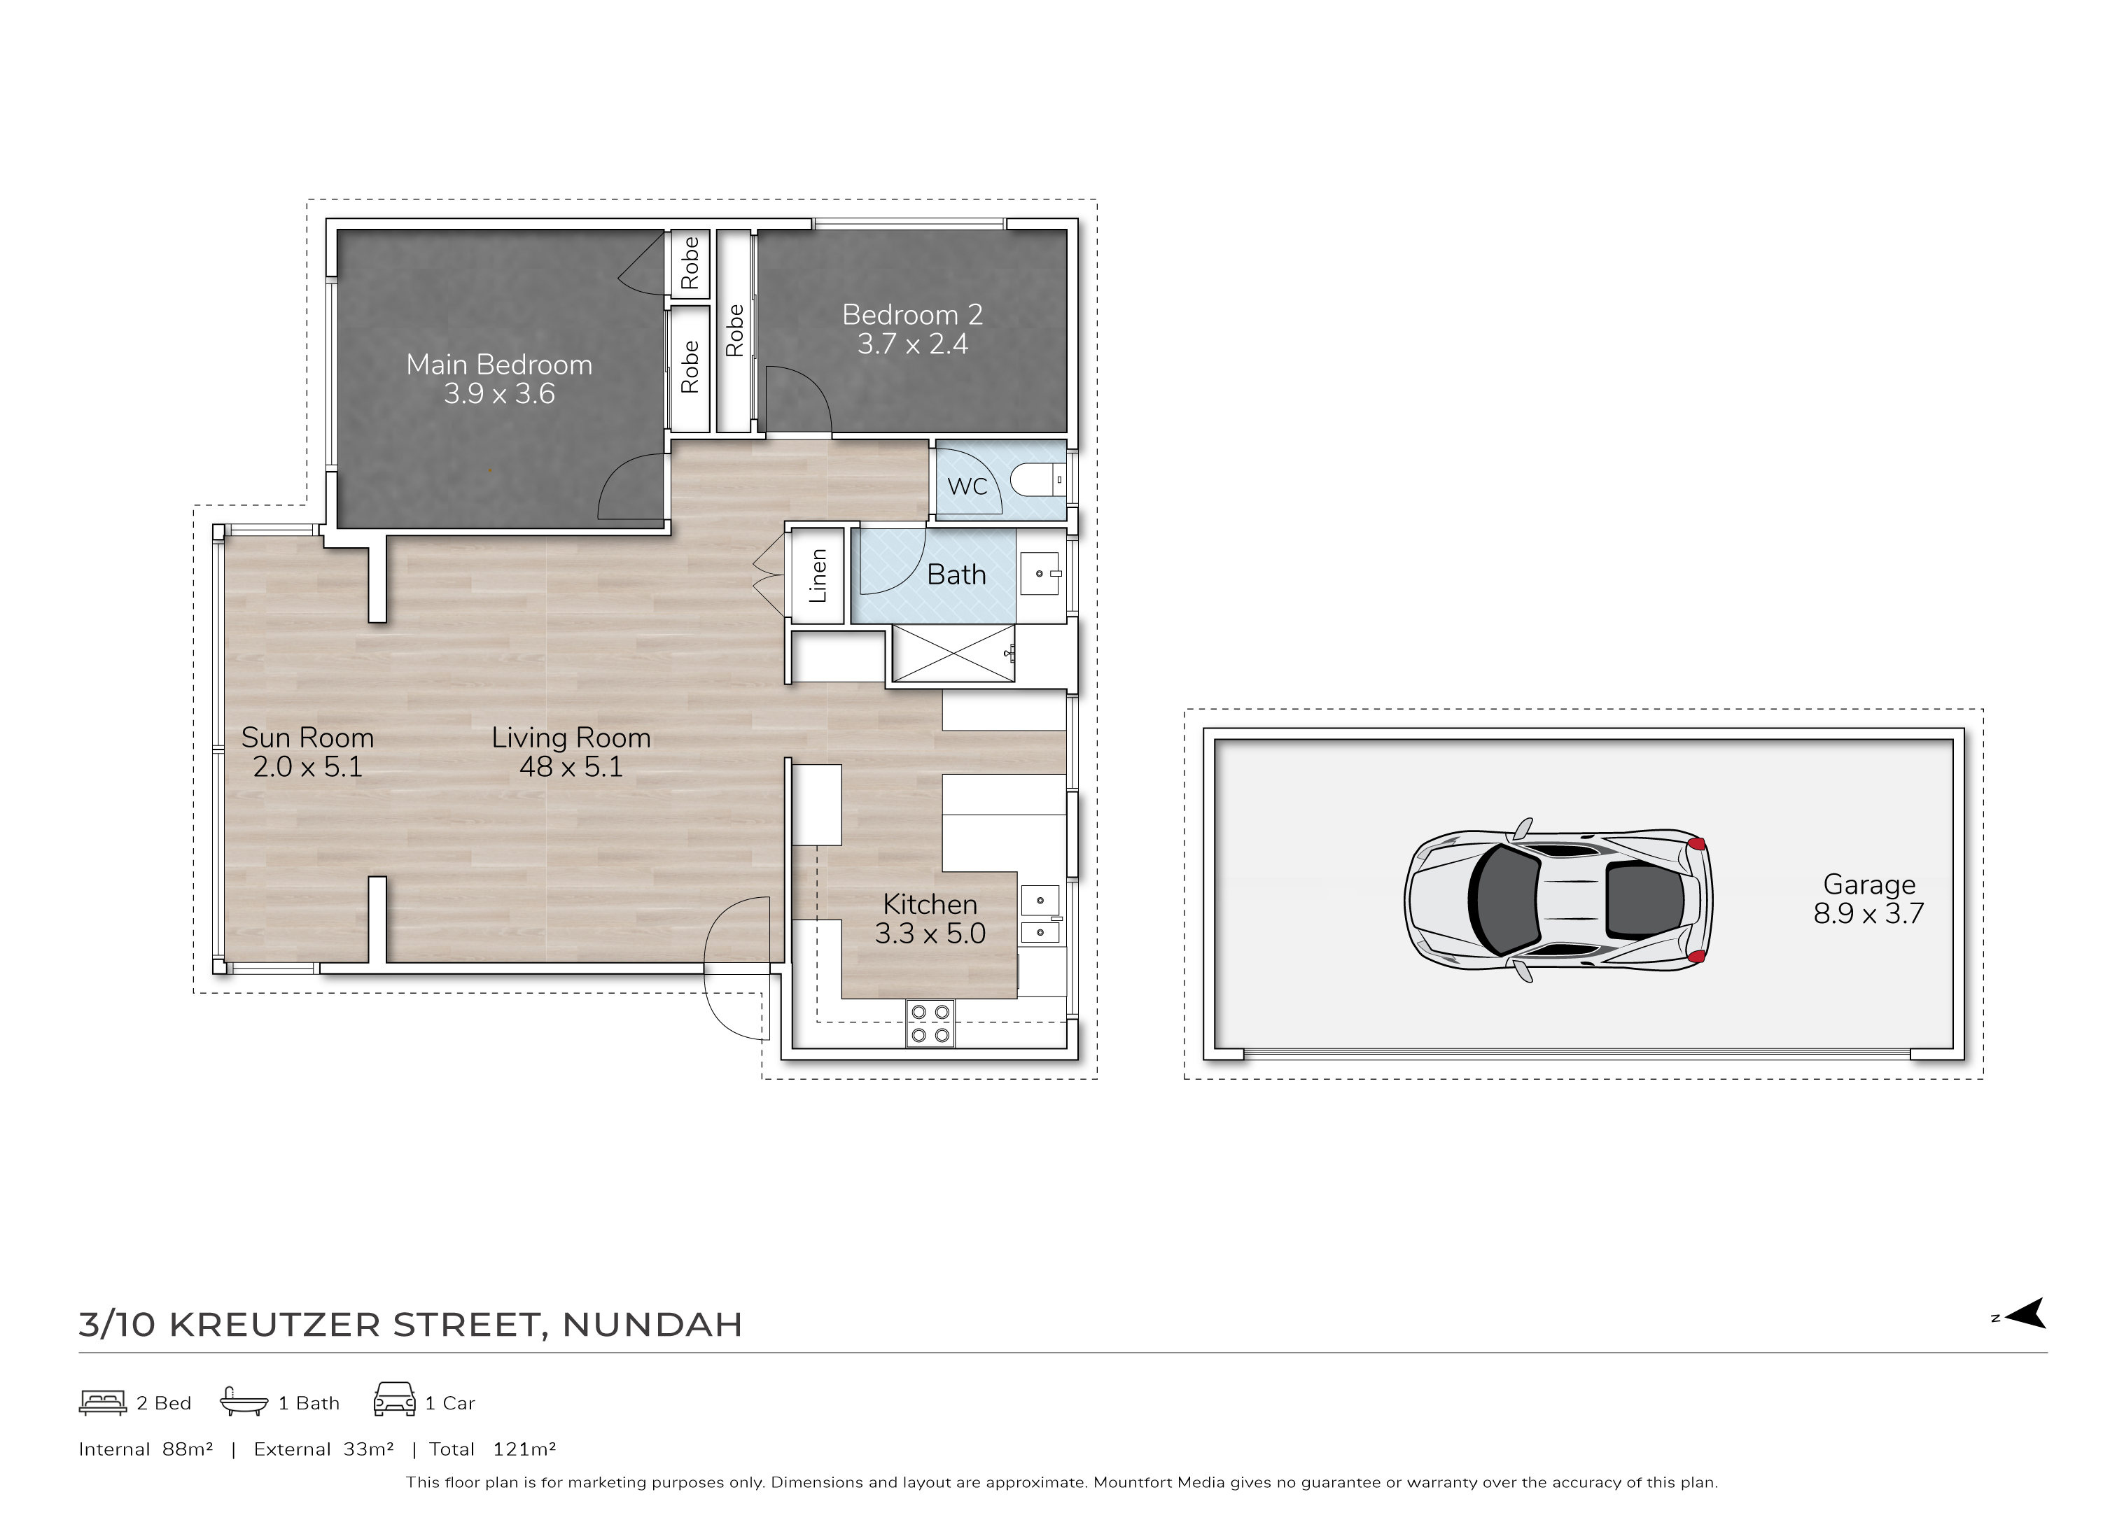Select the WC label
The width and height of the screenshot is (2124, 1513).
click(967, 486)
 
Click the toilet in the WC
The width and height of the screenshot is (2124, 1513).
click(1038, 481)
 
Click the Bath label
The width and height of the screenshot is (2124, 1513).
click(956, 575)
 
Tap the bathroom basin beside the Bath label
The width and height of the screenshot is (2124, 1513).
click(1040, 574)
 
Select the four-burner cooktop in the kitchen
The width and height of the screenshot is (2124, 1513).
click(930, 1023)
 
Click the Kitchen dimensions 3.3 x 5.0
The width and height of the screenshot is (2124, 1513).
click(930, 934)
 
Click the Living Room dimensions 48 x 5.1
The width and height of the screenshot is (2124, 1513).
click(571, 767)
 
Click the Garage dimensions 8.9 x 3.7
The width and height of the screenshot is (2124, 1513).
click(1868, 914)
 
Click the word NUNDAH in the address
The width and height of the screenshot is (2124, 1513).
click(652, 1325)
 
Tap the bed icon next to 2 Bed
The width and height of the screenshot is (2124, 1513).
click(102, 1403)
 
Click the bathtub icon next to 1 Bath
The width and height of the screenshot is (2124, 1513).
click(244, 1402)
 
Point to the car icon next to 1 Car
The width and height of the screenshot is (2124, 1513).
click(394, 1400)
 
